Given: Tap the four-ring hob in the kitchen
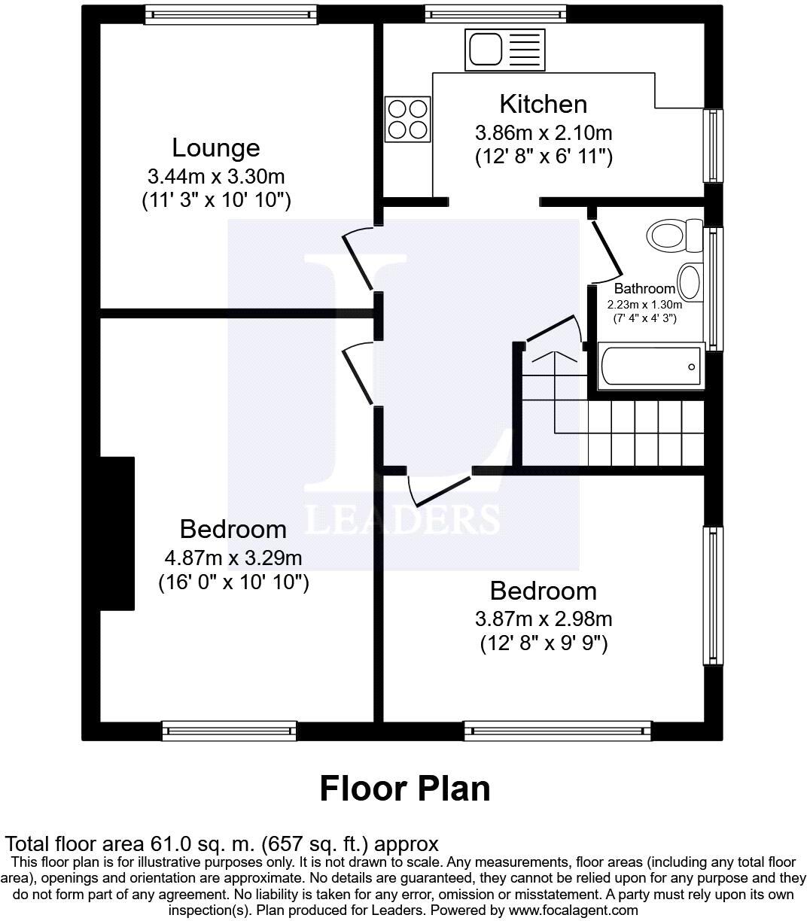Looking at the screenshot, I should coord(407,120).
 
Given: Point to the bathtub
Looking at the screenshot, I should coord(651,366).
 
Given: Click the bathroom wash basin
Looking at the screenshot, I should coord(690,281).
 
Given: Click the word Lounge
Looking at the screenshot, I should coord(216,147).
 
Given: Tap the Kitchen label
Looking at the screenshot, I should coord(543,104).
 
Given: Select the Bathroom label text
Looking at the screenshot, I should coord(644,288).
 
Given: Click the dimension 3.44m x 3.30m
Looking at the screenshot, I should coord(216,177).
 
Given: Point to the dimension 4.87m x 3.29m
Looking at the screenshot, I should coord(233,558).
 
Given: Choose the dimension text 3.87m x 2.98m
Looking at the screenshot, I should coord(543,619).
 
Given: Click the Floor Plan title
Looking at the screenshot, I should coord(405,788).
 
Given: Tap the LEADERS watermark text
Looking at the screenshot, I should coord(402,519).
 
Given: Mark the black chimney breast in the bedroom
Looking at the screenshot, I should coord(117,533).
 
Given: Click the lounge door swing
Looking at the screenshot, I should coord(358,260).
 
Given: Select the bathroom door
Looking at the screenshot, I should coord(605,248).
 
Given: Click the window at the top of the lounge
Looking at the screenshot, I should coord(231,14).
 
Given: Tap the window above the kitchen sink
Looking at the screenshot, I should coord(495,14).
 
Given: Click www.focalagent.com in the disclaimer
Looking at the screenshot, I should coord(572,910).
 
